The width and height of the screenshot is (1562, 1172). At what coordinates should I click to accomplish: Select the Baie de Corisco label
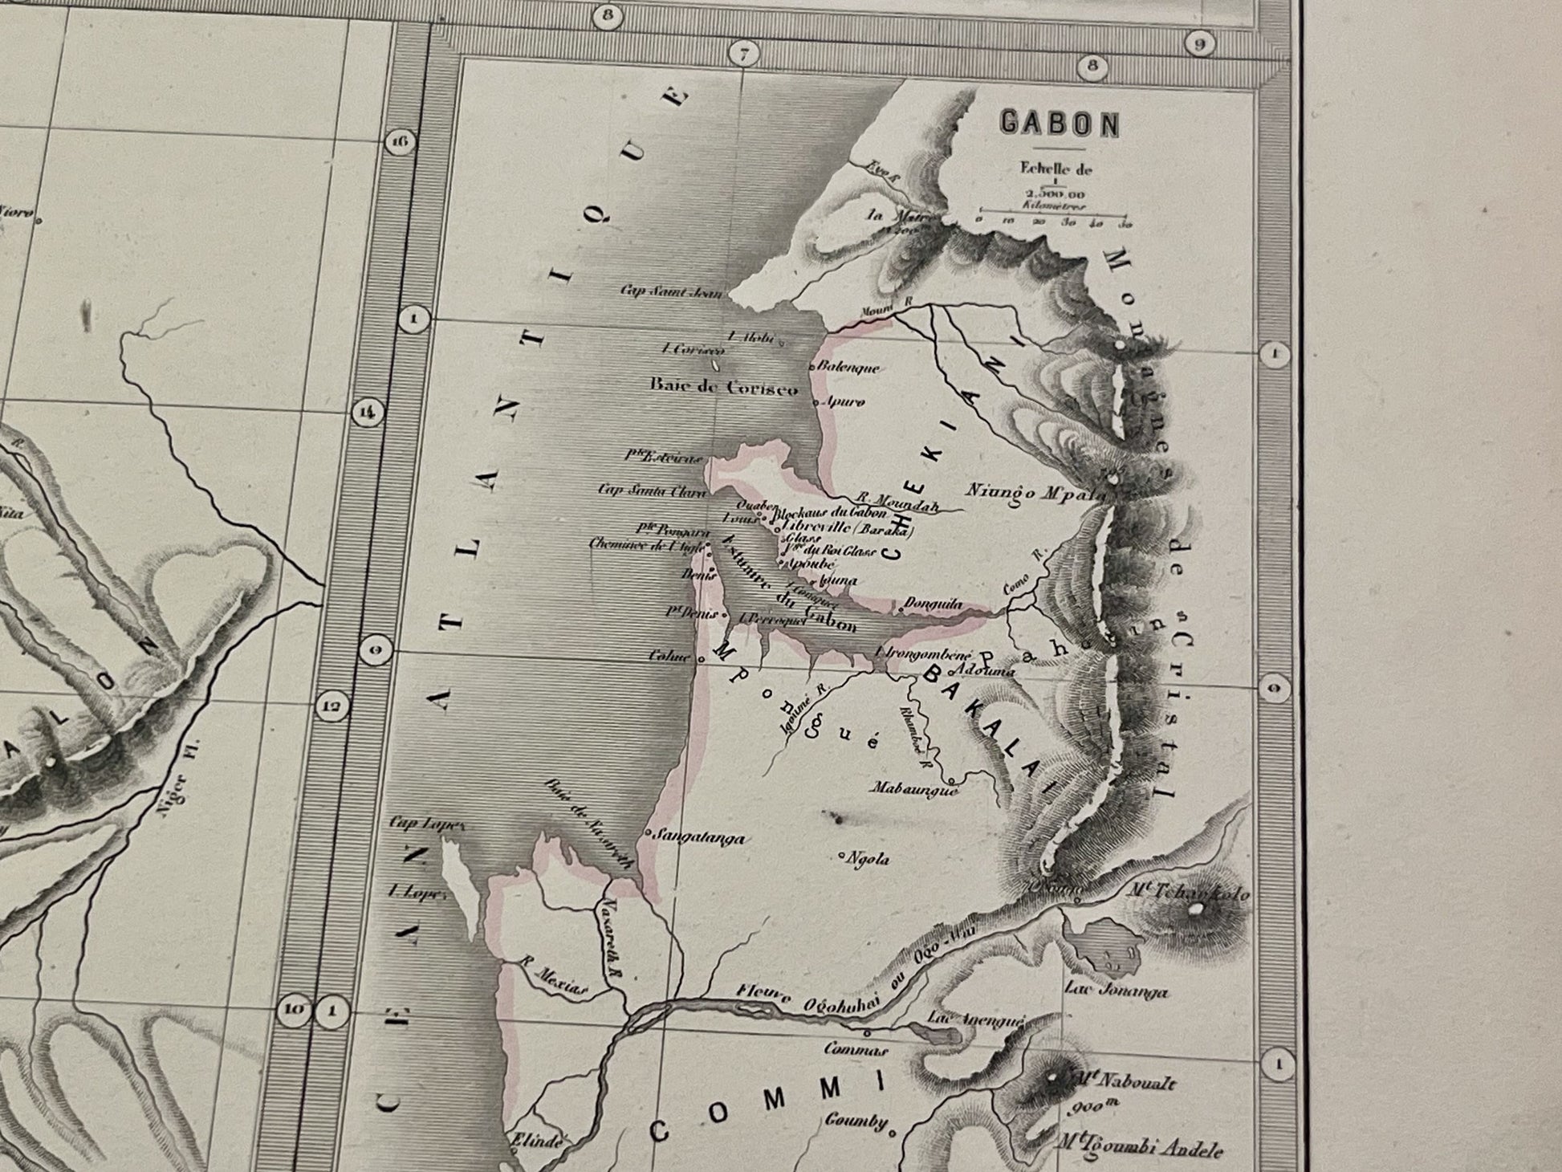tap(724, 388)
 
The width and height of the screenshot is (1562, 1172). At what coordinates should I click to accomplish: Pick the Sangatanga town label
tap(700, 838)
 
